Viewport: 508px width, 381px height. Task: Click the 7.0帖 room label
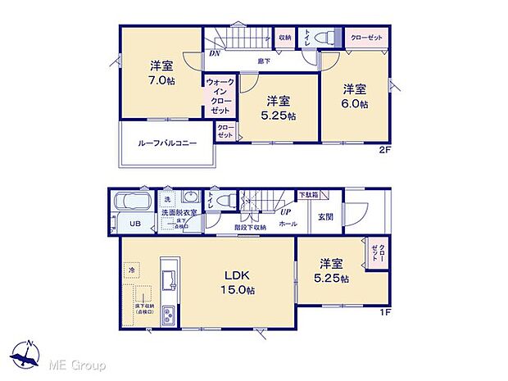(161, 79)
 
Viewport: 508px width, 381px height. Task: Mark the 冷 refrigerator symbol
(130, 268)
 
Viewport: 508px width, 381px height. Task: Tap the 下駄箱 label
(308, 194)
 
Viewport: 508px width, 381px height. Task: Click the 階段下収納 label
(249, 228)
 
